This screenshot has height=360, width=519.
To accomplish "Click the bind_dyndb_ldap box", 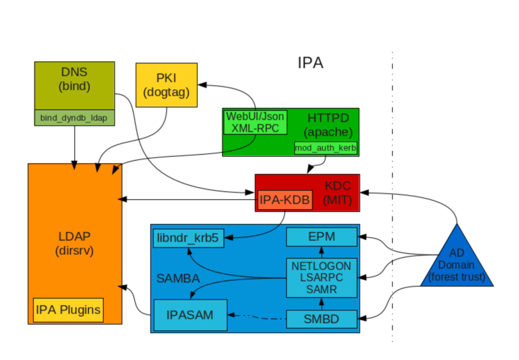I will [x=75, y=118].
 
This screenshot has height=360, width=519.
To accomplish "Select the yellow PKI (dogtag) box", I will [x=166, y=85].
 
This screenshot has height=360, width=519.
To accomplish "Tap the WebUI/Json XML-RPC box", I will [x=255, y=122].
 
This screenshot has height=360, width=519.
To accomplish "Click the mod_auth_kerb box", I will [x=326, y=148].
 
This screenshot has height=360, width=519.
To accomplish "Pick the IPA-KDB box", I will [x=284, y=200].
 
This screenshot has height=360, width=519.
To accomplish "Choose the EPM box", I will [x=322, y=237].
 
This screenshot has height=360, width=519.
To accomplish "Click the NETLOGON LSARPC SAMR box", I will [x=321, y=277].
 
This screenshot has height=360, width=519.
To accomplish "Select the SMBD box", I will [x=322, y=319].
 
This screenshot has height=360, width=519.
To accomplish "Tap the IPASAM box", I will [x=190, y=315].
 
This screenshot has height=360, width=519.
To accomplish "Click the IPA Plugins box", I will [x=68, y=310].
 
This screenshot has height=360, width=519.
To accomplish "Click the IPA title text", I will [x=310, y=63].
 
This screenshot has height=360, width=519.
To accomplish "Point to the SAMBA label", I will [x=178, y=278].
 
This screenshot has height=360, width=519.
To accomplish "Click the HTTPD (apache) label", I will [x=328, y=125].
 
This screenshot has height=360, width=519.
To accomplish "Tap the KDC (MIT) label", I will [x=337, y=193].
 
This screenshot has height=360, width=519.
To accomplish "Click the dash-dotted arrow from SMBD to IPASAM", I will [x=257, y=317].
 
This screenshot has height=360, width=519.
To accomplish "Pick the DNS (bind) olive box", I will [x=75, y=85].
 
